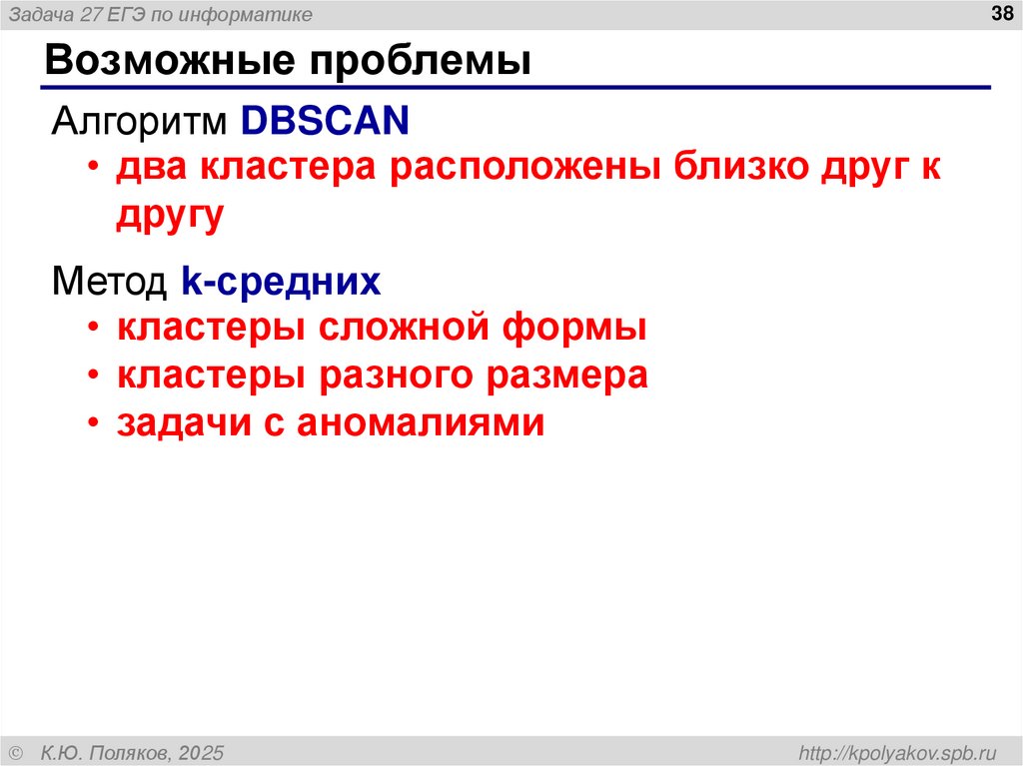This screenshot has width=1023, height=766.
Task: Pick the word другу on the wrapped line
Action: click(170, 216)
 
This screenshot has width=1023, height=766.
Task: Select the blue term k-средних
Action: click(282, 282)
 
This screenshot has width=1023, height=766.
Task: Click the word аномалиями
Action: click(420, 423)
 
